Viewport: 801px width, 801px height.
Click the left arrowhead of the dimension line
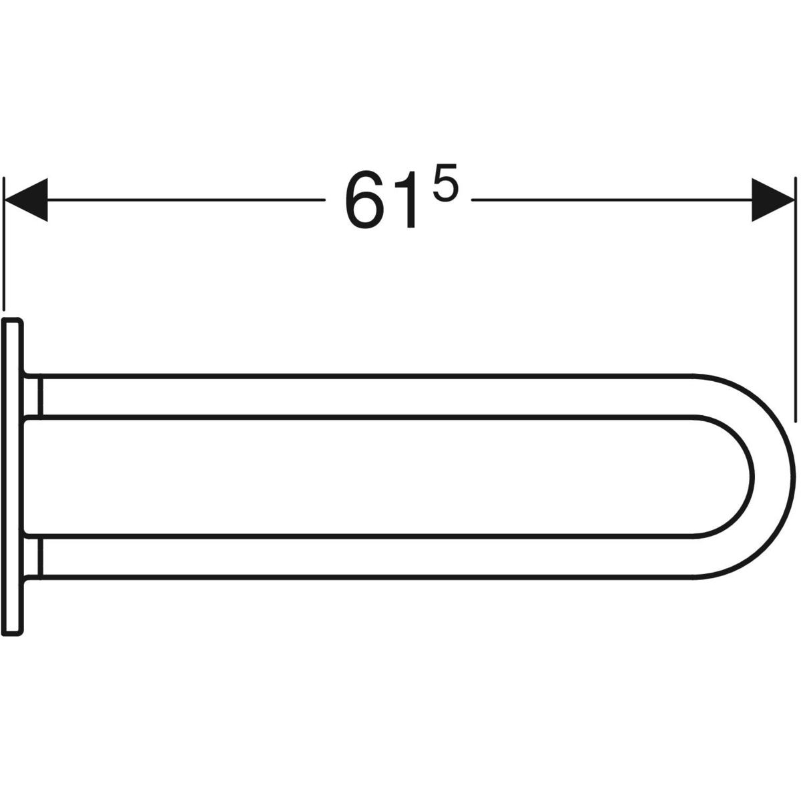click(x=26, y=200)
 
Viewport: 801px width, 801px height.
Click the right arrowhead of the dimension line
click(x=773, y=200)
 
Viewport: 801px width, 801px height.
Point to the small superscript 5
click(x=445, y=183)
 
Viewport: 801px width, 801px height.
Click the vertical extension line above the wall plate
click(x=4, y=244)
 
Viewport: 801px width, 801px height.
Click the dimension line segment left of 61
click(x=186, y=200)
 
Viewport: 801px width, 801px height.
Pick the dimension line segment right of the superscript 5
click(x=612, y=200)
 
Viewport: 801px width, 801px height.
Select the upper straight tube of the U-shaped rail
click(x=366, y=396)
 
